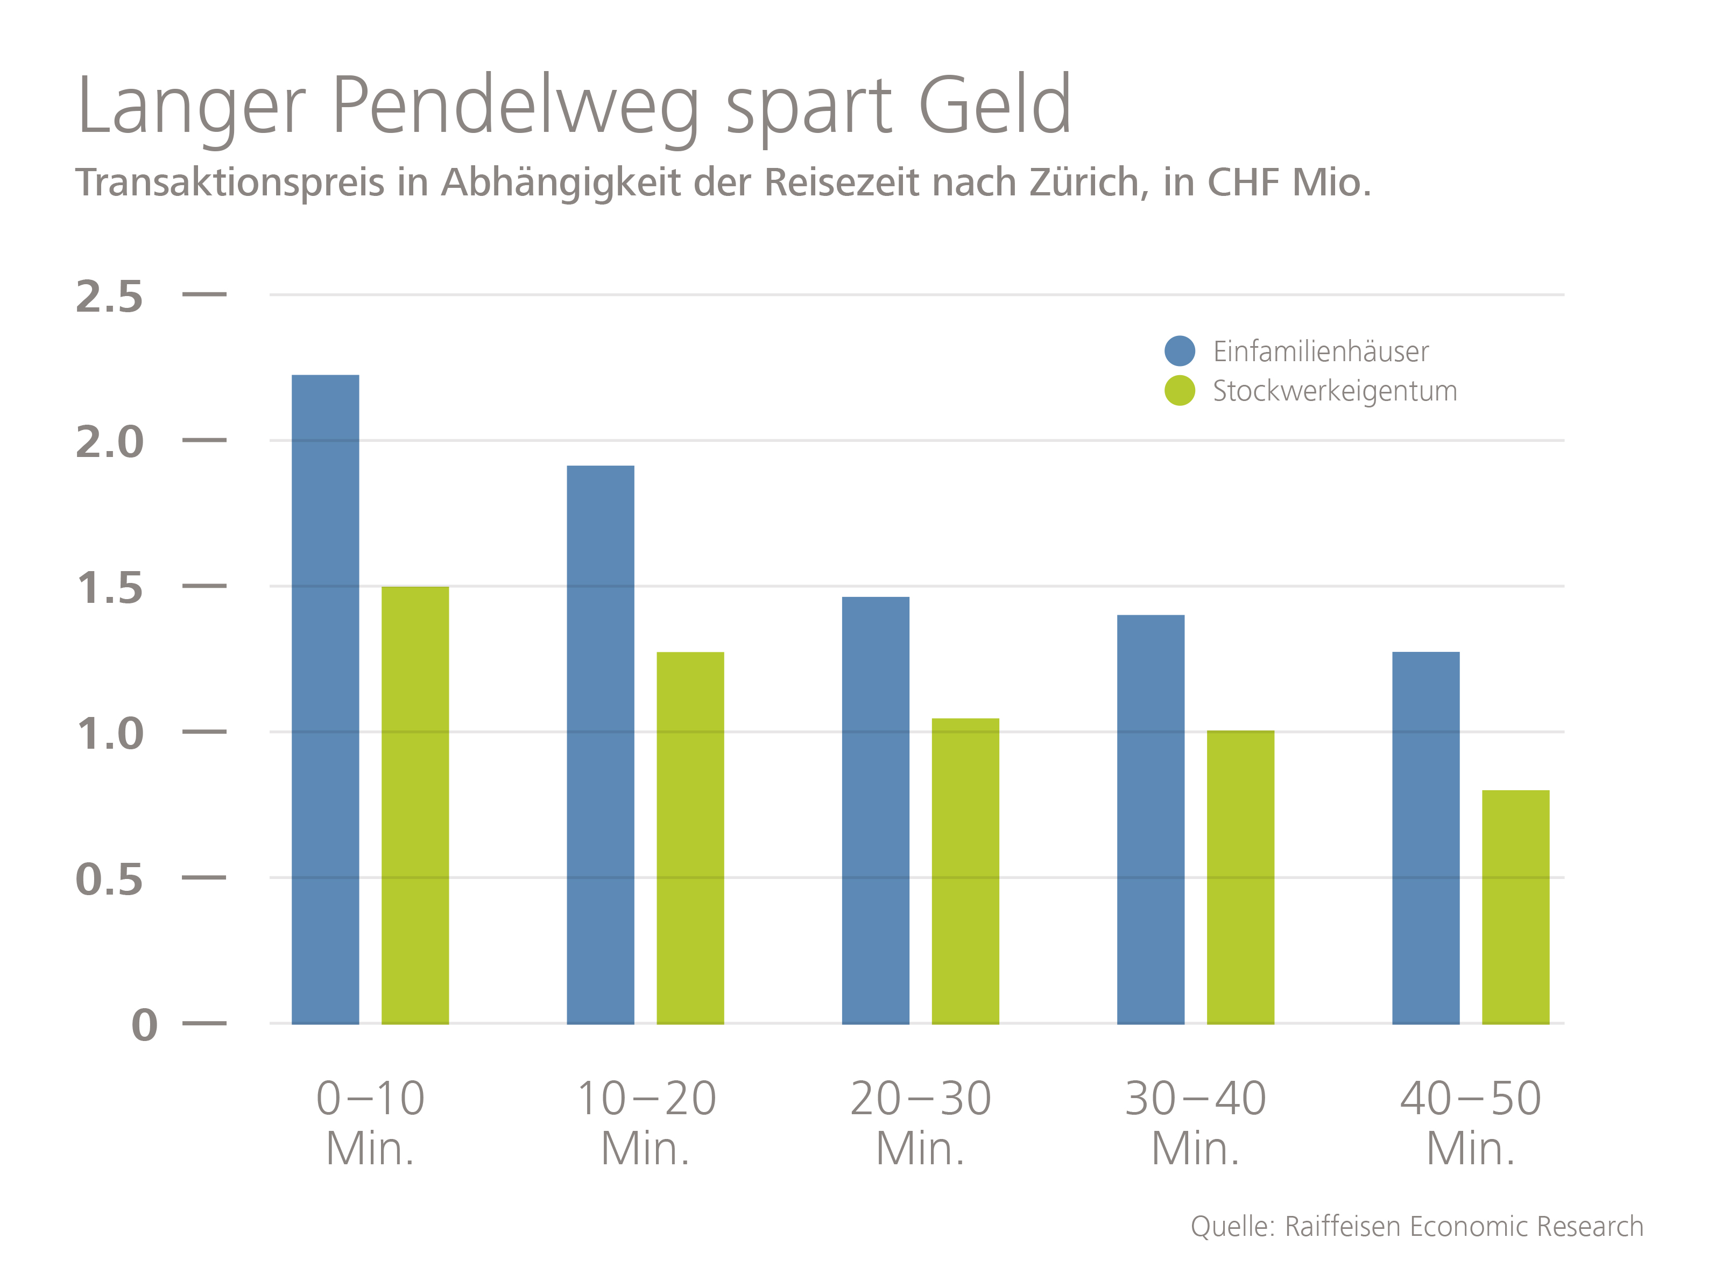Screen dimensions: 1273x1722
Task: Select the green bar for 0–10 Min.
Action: pyautogui.click(x=415, y=805)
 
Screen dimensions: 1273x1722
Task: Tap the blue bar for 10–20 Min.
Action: pyautogui.click(x=600, y=744)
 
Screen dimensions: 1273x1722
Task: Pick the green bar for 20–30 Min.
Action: pyautogui.click(x=965, y=871)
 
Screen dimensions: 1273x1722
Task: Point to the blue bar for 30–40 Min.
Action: pyautogui.click(x=1151, y=819)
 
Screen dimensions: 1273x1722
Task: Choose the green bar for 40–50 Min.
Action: pyautogui.click(x=1515, y=906)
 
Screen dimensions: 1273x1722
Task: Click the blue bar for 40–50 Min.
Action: pyautogui.click(x=1425, y=838)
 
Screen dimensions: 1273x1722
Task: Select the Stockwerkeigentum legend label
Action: pyautogui.click(x=1335, y=391)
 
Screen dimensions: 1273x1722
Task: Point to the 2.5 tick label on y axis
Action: pyautogui.click(x=109, y=297)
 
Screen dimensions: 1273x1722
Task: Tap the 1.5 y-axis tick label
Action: pyautogui.click(x=109, y=588)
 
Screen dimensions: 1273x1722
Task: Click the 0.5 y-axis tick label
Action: pyautogui.click(x=109, y=879)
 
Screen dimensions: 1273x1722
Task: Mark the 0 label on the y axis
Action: pyautogui.click(x=145, y=1025)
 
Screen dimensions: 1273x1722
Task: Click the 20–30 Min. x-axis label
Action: pyautogui.click(x=921, y=1123)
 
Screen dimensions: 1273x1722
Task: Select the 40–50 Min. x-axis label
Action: pyautogui.click(x=1470, y=1123)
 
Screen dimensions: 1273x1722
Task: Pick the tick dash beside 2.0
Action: pyautogui.click(x=204, y=440)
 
